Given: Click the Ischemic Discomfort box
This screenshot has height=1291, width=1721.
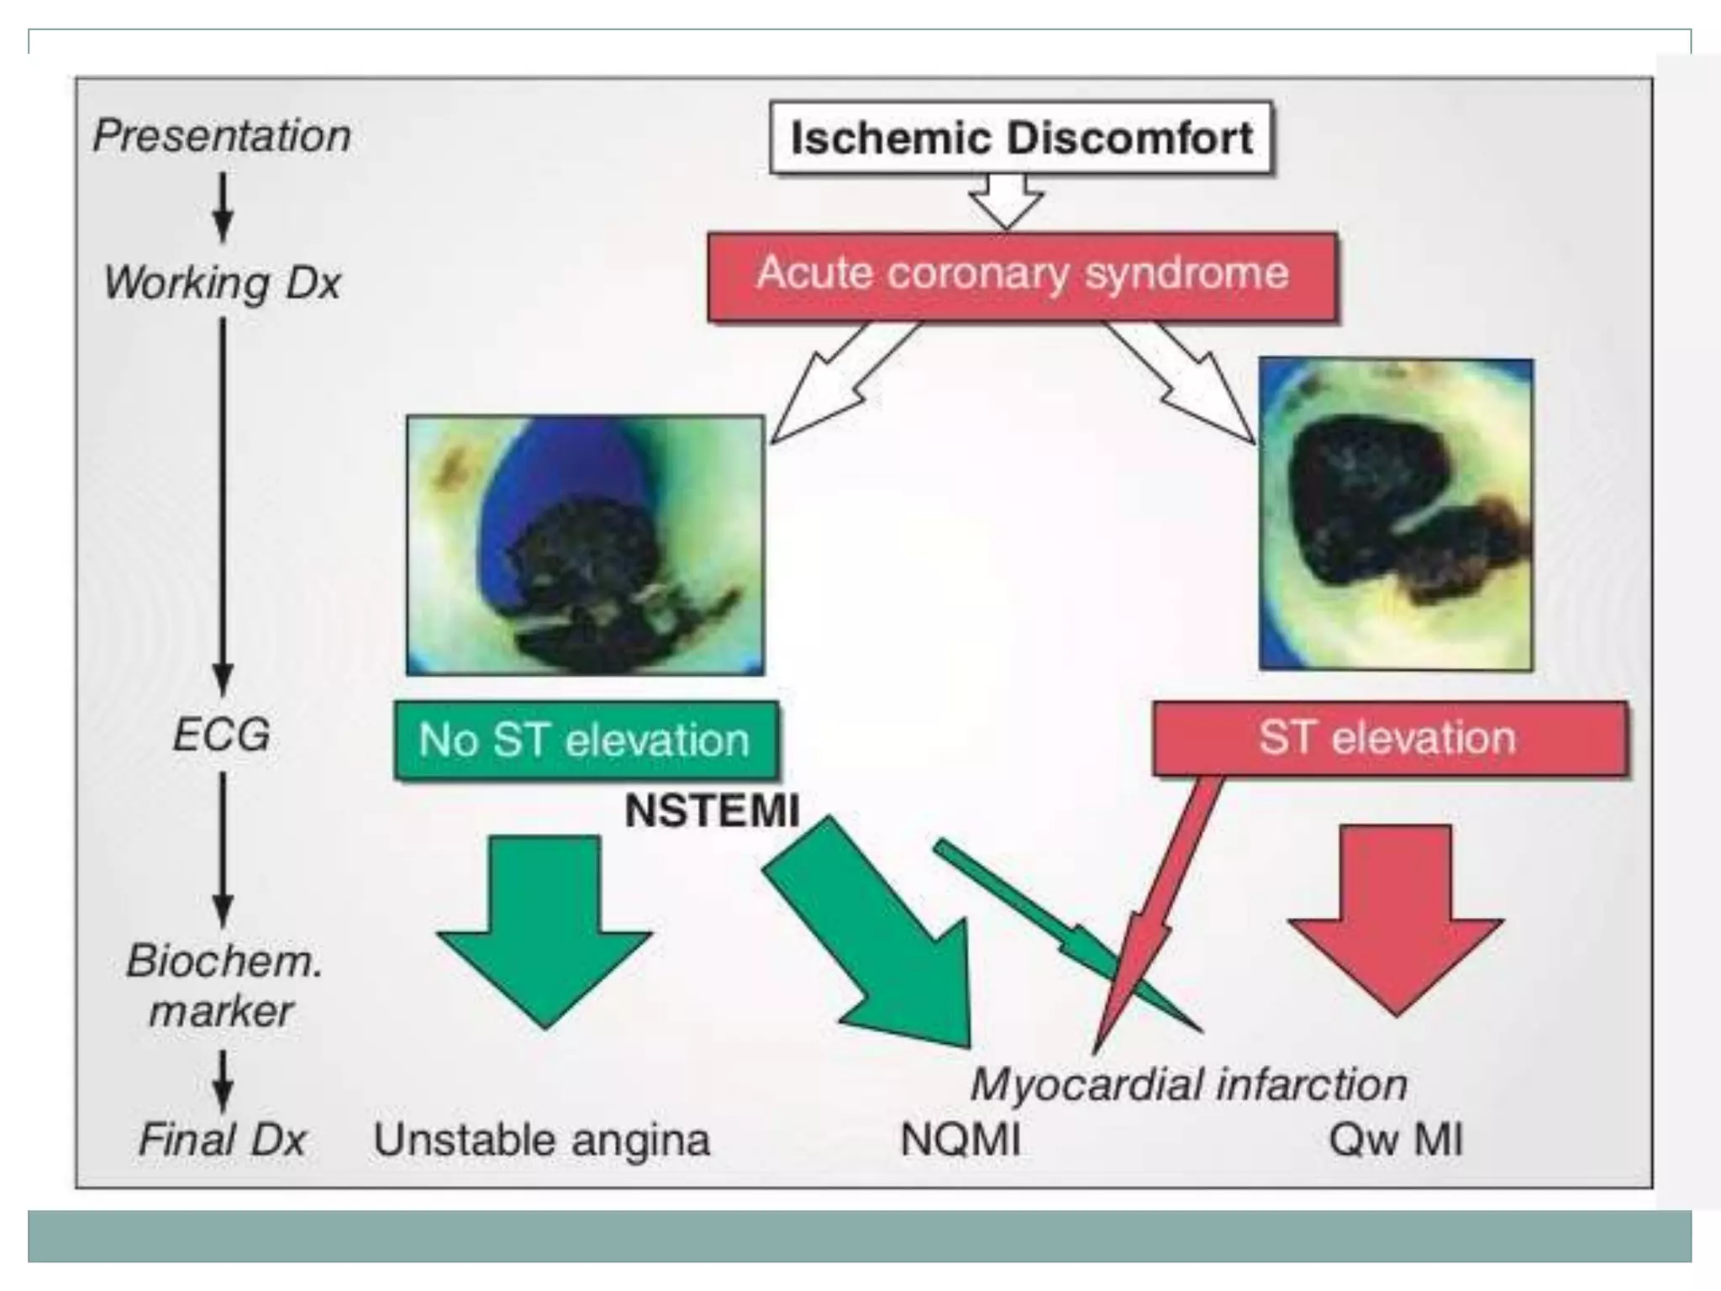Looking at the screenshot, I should (x=1021, y=138).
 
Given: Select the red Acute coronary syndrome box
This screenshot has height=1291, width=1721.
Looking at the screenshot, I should (x=1022, y=276).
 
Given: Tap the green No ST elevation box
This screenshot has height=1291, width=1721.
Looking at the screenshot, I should (x=585, y=740).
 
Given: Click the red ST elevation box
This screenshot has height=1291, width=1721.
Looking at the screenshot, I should (x=1388, y=738).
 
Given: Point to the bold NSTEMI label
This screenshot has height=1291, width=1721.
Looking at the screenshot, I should (x=711, y=811).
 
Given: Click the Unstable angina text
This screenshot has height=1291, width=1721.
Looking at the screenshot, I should (x=541, y=1140).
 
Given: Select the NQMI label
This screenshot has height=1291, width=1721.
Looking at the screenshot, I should (x=960, y=1140).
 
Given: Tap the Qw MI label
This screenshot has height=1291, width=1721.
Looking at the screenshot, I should (x=1395, y=1140).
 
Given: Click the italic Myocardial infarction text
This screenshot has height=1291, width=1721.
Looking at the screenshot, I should (x=1188, y=1084).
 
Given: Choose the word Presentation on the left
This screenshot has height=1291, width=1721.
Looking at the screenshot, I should (x=222, y=136).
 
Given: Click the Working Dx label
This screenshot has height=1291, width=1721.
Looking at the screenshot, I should (x=222, y=282).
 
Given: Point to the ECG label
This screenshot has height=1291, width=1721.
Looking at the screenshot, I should (x=222, y=735).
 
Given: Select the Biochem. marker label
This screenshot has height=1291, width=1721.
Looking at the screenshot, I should (x=224, y=985).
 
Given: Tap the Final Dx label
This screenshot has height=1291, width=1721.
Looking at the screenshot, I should (x=222, y=1140).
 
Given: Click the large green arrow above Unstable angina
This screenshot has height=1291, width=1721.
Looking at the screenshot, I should (x=545, y=925).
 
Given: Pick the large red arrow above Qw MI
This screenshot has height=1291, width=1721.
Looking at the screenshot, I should (x=1395, y=916).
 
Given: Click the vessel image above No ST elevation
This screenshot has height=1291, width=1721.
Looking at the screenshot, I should (x=585, y=545).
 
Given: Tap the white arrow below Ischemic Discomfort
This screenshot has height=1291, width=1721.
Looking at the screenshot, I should (x=1005, y=200).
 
